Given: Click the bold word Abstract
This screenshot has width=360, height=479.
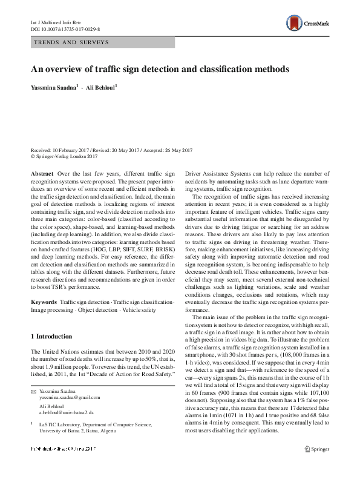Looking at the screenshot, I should [42, 173].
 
